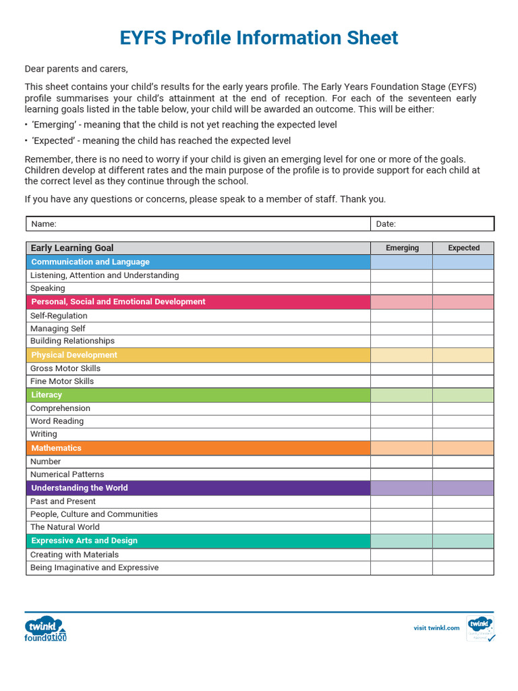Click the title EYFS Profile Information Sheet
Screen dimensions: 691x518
pos(259,38)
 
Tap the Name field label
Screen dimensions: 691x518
pos(44,224)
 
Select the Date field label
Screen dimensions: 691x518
pos(386,224)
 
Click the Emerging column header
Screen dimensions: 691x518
pos(402,248)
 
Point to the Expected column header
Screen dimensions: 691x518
pos(464,248)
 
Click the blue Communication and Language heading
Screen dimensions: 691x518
pos(90,262)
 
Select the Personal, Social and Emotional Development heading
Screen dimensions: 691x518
pos(118,302)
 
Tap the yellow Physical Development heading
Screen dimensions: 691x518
pos(74,355)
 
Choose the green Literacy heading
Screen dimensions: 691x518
pos(47,395)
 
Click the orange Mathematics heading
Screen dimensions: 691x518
pos(56,448)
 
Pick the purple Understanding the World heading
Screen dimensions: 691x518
pos(80,488)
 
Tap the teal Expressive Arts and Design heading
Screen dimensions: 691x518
pos(84,541)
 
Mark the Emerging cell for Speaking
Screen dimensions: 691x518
pos(401,288)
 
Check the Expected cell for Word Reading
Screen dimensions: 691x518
pos(463,421)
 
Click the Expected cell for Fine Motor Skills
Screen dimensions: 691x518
pos(463,381)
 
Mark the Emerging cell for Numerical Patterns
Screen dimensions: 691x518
pos(401,474)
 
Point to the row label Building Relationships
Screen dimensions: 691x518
pos(72,341)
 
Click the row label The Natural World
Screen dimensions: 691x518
pos(65,527)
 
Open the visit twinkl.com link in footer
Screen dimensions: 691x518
pos(436,628)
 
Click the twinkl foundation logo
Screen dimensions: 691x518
pos(46,628)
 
